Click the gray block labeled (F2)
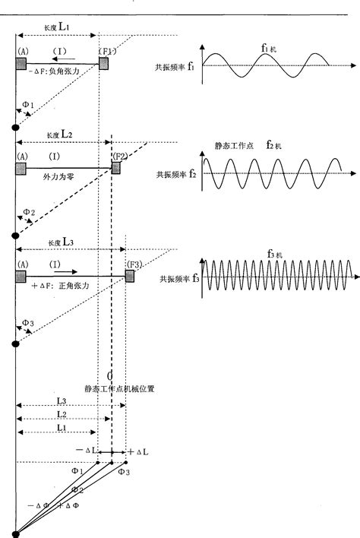(x=116, y=167)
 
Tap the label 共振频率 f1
(x=175, y=67)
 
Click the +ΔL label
(x=137, y=451)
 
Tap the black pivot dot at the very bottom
(x=14, y=534)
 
